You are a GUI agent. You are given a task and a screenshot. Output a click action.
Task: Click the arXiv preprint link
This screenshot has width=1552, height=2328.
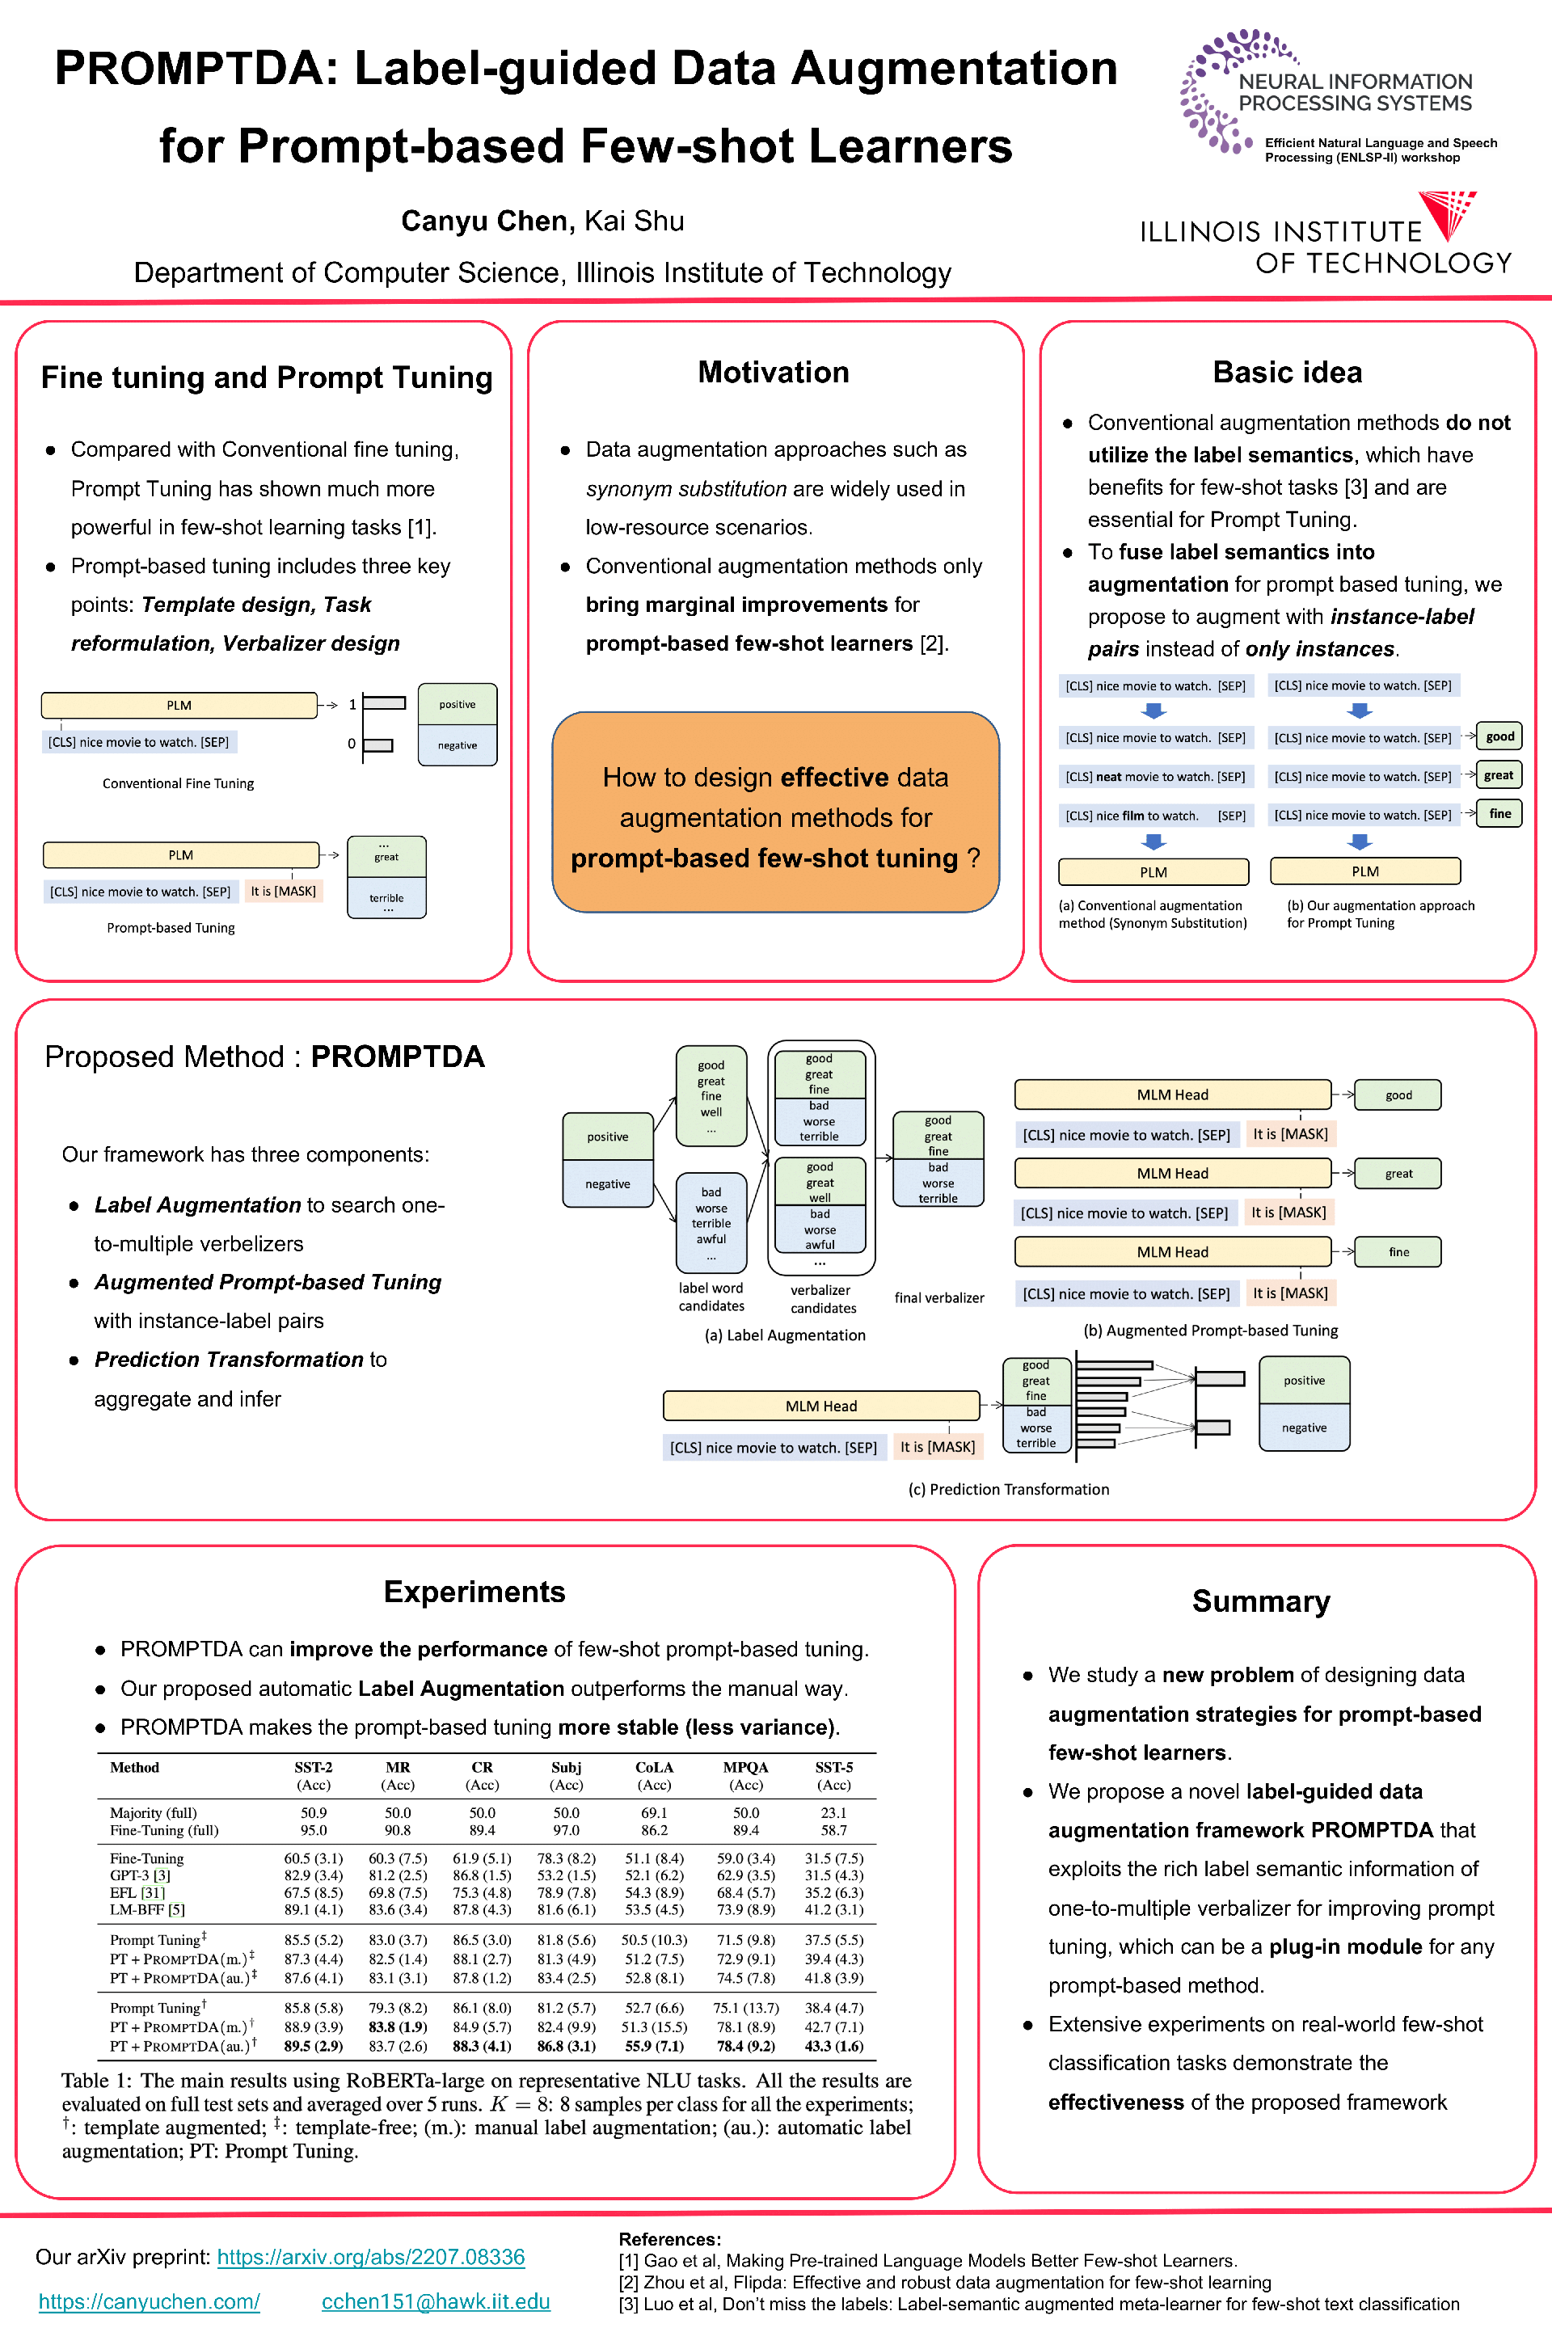370,2257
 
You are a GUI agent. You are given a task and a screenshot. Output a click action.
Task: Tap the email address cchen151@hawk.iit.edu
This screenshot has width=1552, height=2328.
436,2301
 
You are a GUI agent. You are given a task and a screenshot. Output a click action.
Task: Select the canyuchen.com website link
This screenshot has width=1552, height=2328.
150,2301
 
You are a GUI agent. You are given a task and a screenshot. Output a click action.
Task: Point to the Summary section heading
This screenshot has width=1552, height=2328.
1260,1601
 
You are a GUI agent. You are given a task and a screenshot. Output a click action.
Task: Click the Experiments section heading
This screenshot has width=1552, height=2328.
474,1592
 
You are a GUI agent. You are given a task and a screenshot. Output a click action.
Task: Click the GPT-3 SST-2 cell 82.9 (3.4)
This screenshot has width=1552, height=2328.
313,1875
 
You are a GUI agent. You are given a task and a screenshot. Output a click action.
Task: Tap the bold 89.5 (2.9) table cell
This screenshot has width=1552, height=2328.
313,2046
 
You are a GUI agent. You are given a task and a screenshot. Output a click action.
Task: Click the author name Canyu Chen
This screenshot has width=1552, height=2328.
485,221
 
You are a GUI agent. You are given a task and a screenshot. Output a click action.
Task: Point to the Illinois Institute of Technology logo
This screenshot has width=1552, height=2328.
1326,234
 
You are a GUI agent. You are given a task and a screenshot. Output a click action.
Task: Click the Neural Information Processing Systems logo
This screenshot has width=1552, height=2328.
1336,94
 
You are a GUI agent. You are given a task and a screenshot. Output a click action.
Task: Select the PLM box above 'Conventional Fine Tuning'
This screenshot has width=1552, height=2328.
179,706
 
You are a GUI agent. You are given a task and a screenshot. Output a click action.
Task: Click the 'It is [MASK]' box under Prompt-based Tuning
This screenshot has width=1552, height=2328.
283,892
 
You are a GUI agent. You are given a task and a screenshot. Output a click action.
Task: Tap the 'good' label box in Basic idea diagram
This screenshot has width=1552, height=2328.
1499,736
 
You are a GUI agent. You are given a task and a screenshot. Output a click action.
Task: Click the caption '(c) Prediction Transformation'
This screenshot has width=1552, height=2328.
1009,1490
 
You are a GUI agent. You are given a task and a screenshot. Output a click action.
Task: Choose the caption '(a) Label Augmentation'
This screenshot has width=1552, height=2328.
785,1335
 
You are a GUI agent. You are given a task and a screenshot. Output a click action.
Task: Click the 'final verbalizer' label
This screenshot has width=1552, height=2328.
939,1297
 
